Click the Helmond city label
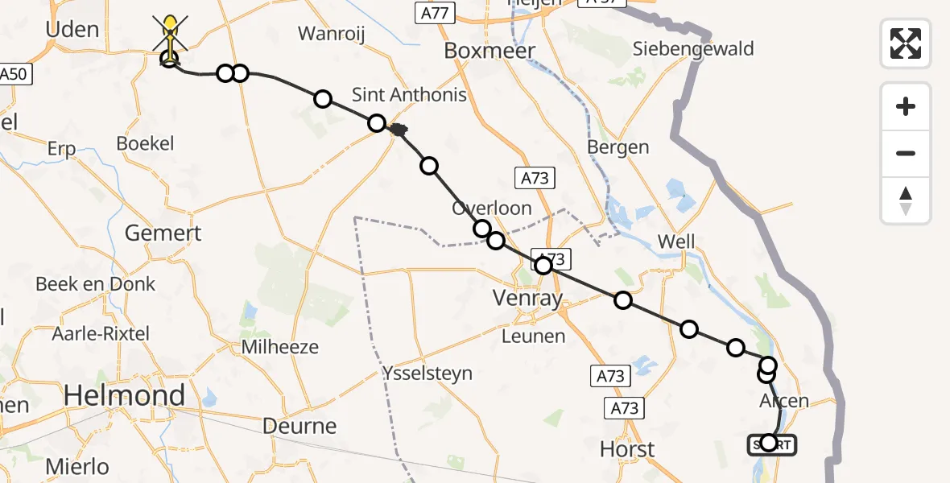tap(124, 395)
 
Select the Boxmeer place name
tap(489, 52)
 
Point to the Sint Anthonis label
tap(409, 95)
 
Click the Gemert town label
tap(163, 233)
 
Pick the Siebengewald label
tap(693, 49)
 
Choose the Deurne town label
tap(300, 426)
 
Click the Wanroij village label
tap(332, 34)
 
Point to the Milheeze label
tap(281, 348)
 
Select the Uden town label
tap(72, 31)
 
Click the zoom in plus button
tap(906, 106)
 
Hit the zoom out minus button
tap(906, 153)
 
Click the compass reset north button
tap(906, 200)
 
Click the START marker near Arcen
tap(770, 444)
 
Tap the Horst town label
tap(628, 449)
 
